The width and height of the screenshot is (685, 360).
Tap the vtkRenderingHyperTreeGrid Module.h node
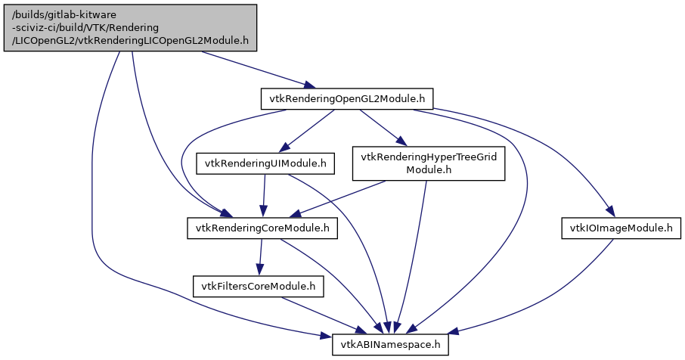429,163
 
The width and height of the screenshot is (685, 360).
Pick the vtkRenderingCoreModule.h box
262,228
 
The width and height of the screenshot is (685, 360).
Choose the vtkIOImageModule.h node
617,228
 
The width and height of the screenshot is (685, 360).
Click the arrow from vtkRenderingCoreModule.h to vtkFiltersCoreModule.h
260,257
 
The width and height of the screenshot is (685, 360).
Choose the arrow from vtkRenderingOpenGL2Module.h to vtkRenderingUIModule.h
306,130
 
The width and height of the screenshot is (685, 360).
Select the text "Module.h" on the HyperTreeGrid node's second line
429,169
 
